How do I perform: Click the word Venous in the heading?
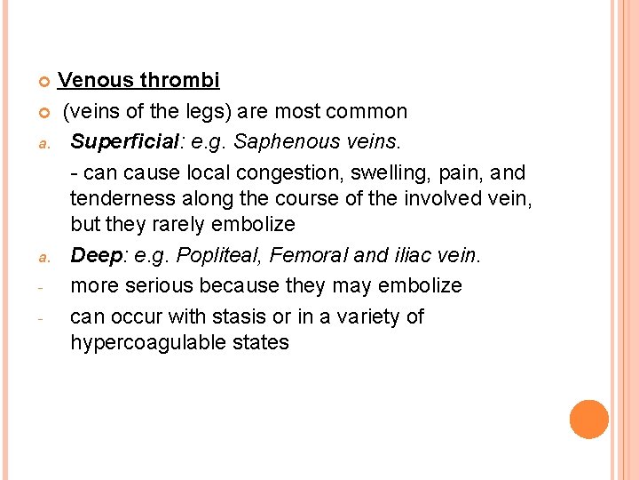point(95,81)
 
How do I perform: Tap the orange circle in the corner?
point(589,420)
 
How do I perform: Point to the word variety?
point(390,316)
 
